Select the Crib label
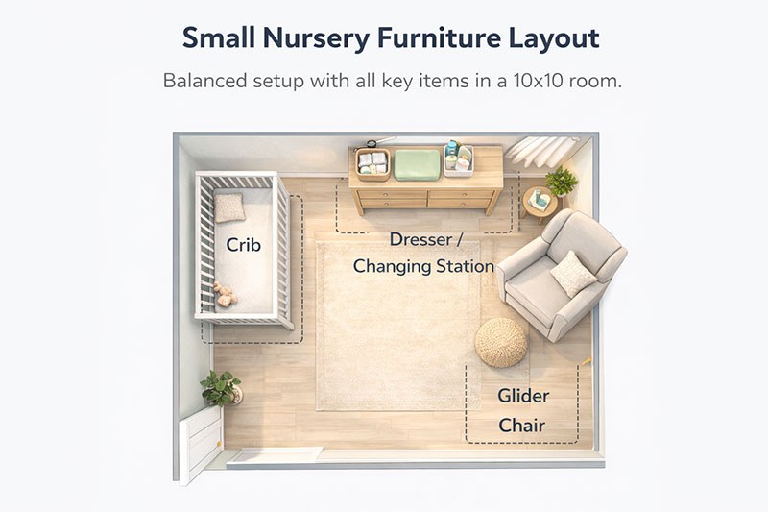(x=244, y=245)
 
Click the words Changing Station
(x=423, y=266)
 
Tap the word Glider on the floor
(x=523, y=395)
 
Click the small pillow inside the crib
(x=229, y=207)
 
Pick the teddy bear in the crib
(x=225, y=293)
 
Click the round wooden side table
(x=540, y=203)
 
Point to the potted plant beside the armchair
(x=561, y=181)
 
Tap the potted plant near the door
(x=220, y=387)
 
